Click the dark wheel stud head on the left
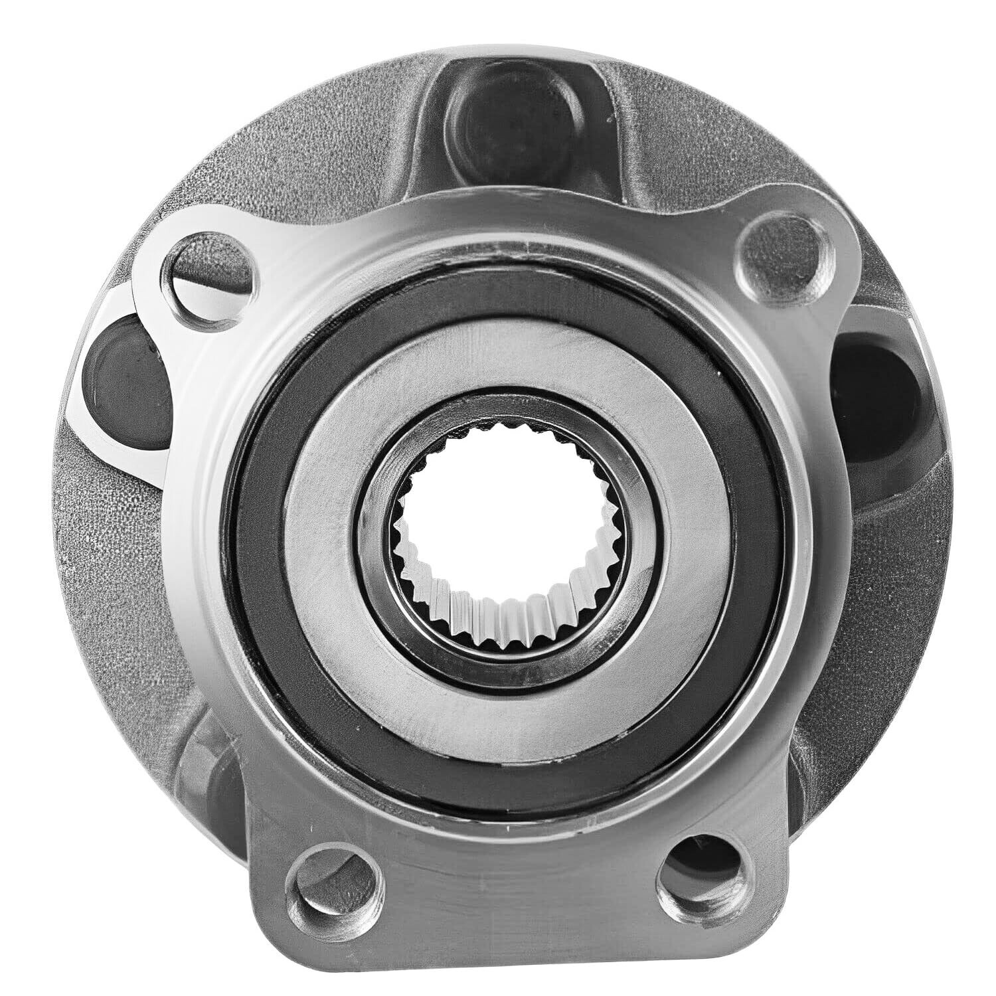pos(123,362)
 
